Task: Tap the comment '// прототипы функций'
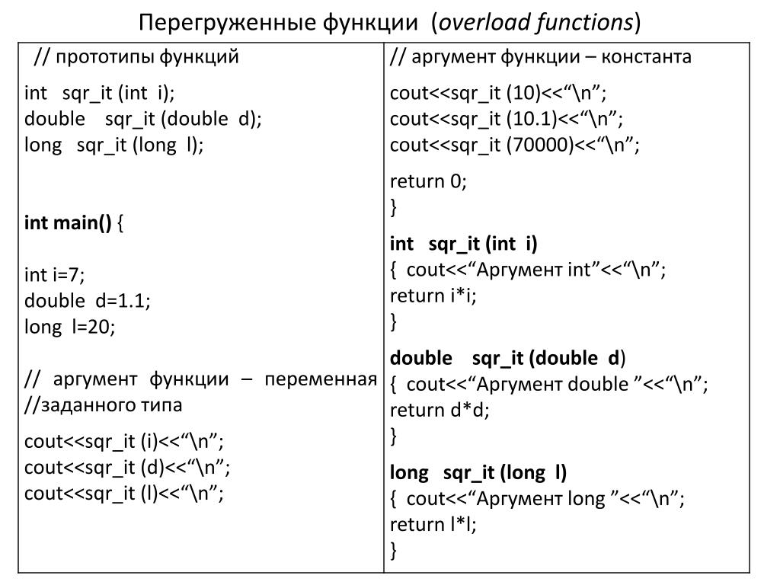pos(136,57)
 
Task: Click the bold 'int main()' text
pos(68,223)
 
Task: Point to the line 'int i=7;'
pos(55,275)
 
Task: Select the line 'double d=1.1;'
pos(88,301)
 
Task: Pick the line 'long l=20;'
pos(69,327)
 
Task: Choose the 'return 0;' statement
pos(427,181)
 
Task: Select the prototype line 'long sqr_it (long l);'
pos(114,145)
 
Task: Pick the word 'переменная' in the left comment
pos(321,379)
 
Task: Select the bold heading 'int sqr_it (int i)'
pos(463,244)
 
